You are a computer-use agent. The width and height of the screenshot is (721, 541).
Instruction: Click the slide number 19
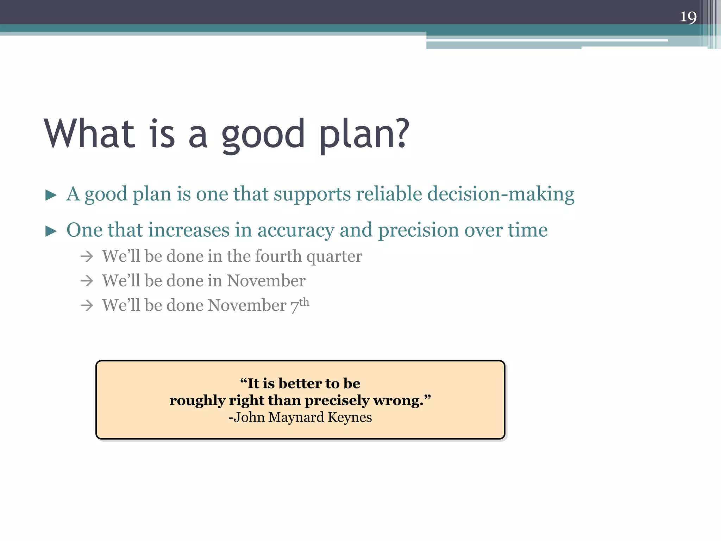pos(688,17)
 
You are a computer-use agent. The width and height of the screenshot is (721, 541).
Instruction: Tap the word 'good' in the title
pos(263,135)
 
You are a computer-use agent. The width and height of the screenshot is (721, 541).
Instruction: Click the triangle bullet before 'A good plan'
pos(51,195)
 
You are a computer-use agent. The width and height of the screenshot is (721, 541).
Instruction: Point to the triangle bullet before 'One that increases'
pos(51,231)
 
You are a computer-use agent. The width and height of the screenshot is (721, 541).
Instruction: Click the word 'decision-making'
pos(501,194)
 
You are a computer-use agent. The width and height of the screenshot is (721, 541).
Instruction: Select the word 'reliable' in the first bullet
pos(389,194)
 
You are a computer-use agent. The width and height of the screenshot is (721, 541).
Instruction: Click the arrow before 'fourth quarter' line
pos(87,256)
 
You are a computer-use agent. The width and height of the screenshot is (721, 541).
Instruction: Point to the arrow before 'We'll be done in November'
pos(87,281)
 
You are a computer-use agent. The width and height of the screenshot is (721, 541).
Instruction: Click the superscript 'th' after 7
pos(304,302)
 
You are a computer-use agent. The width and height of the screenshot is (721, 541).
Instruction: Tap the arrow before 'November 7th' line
pos(87,305)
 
